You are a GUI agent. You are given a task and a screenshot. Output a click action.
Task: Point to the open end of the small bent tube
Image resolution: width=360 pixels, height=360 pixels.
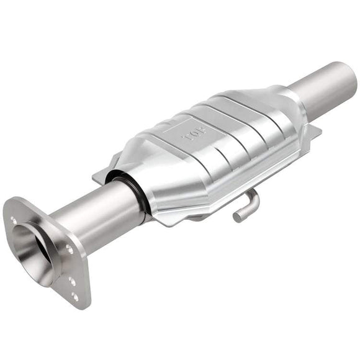(238, 216)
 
